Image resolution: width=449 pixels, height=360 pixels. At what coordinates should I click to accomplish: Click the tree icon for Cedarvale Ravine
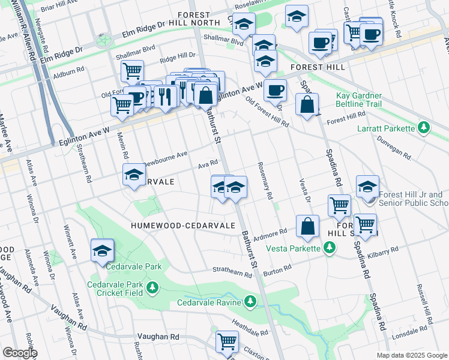pyautogui.click(x=250, y=301)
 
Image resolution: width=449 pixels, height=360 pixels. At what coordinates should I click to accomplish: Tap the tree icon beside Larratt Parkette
pyautogui.click(x=424, y=128)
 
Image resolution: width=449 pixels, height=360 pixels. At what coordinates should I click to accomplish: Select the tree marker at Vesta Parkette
pyautogui.click(x=329, y=248)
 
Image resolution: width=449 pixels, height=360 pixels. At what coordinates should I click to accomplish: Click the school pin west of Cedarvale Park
pyautogui.click(x=103, y=251)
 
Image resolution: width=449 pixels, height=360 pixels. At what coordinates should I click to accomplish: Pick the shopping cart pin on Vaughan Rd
pyautogui.click(x=228, y=341)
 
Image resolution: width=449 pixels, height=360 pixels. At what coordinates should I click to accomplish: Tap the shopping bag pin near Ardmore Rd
pyautogui.click(x=307, y=227)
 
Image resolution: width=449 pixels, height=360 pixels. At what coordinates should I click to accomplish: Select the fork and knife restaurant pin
pyautogui.click(x=166, y=95)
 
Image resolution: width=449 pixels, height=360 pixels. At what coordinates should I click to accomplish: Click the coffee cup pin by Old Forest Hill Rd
pyautogui.click(x=275, y=91)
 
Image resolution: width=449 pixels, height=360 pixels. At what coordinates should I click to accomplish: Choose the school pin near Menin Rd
pyautogui.click(x=133, y=176)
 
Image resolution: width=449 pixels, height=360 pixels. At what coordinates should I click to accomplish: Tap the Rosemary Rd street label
pyautogui.click(x=265, y=181)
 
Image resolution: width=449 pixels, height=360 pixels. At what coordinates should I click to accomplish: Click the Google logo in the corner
pyautogui.click(x=20, y=353)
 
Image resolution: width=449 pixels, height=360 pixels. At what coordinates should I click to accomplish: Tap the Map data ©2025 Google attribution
pyautogui.click(x=411, y=355)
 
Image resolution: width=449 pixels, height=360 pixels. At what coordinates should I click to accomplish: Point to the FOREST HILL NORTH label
pyautogui.click(x=197, y=19)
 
